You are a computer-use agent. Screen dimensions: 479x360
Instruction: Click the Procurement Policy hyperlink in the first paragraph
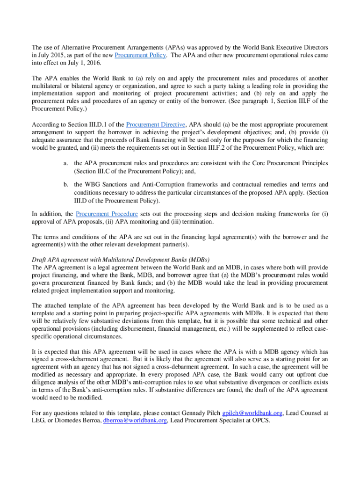pyautogui.click(x=140, y=55)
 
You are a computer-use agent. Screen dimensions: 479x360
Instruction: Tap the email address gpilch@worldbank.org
pyautogui.click(x=252, y=413)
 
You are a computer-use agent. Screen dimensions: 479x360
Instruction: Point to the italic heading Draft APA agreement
pyautogui.click(x=121, y=260)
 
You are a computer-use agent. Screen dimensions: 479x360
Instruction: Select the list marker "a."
pyautogui.click(x=66, y=163)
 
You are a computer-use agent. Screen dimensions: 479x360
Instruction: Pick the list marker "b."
pyautogui.click(x=66, y=185)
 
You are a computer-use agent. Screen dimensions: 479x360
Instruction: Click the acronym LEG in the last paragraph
pyautogui.click(x=38, y=420)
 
